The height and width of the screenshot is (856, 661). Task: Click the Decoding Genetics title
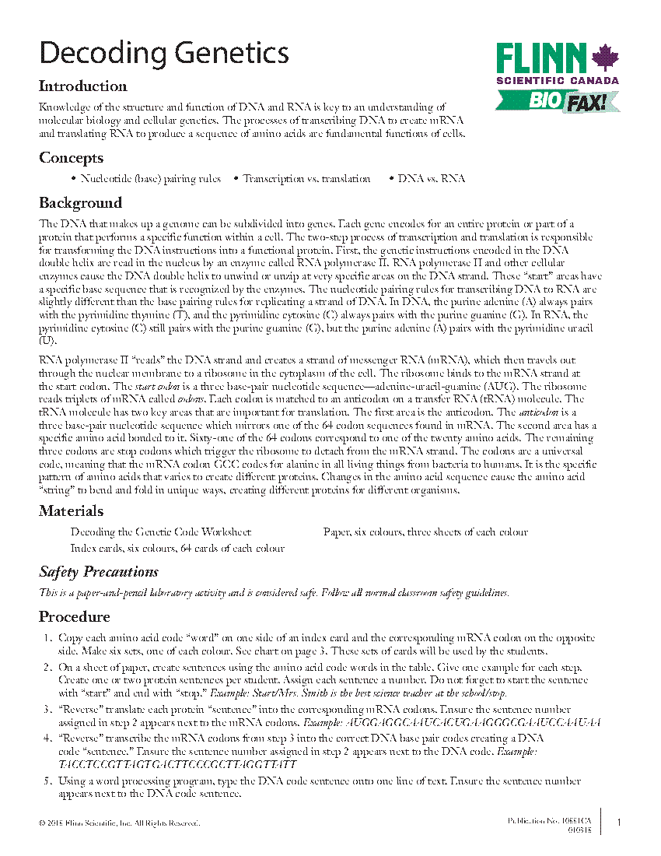pyautogui.click(x=164, y=53)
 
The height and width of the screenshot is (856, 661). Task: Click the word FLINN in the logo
pyautogui.click(x=541, y=58)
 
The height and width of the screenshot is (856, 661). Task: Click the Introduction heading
pyautogui.click(x=83, y=86)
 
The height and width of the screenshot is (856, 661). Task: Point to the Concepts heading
pyautogui.click(x=71, y=158)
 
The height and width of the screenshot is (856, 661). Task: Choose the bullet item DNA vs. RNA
pyautogui.click(x=431, y=179)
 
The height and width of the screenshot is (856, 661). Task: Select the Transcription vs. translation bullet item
pyautogui.click(x=306, y=179)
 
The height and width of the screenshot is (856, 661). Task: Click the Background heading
pyautogui.click(x=80, y=203)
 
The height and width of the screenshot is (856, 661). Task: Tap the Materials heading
pyautogui.click(x=71, y=511)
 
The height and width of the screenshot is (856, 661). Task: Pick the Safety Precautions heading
pyautogui.click(x=99, y=572)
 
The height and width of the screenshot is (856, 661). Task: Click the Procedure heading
pyautogui.click(x=74, y=617)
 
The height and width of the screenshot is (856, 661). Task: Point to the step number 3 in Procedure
pyautogui.click(x=48, y=710)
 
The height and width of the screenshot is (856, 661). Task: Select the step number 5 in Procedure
pyautogui.click(x=48, y=781)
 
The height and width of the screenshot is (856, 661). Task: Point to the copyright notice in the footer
pyautogui.click(x=114, y=823)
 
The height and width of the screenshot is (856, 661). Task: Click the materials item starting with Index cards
pyautogui.click(x=177, y=548)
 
